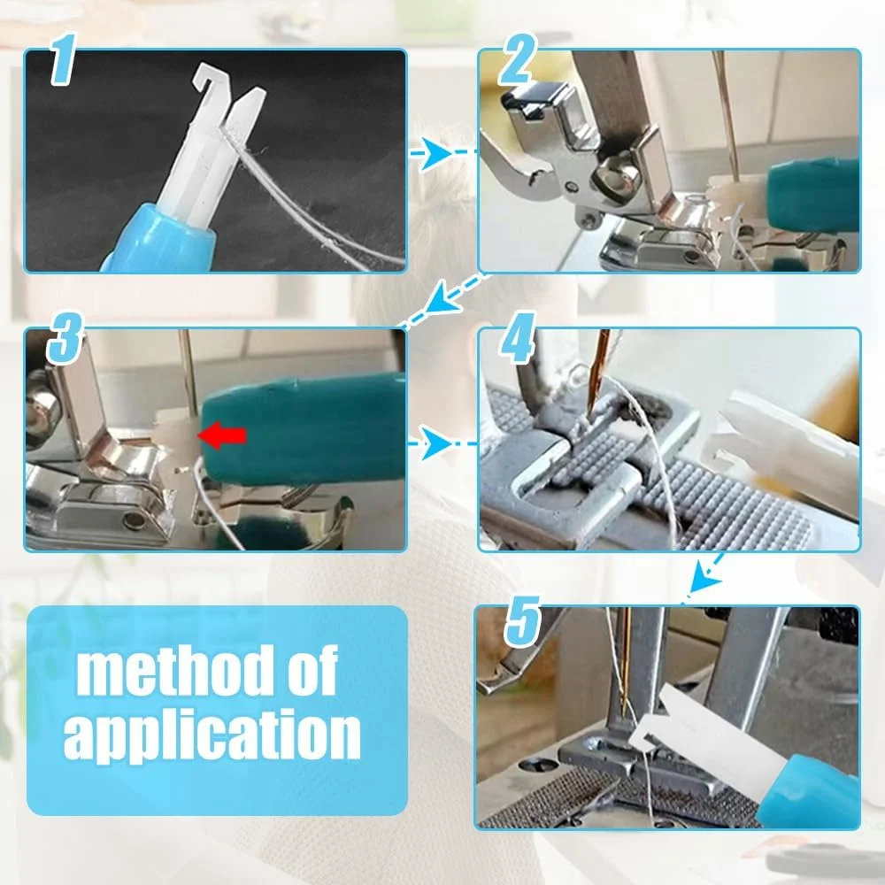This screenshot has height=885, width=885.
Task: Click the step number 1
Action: coord(63,59)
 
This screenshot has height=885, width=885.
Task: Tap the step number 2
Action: coord(516,59)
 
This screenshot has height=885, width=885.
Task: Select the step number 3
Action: coord(65,338)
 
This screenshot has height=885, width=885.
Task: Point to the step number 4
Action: coord(518,338)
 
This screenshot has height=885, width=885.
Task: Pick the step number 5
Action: coord(523,621)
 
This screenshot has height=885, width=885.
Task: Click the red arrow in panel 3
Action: coord(222,435)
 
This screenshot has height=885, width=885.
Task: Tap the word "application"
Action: coord(212,736)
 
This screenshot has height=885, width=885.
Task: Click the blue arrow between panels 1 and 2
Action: coord(442,152)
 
